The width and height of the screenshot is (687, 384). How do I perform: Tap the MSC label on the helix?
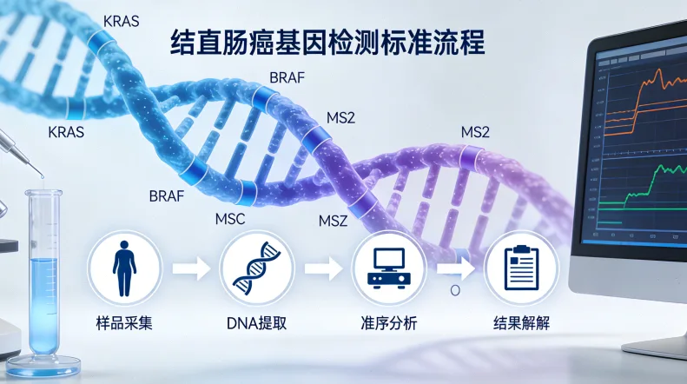tap(230, 219)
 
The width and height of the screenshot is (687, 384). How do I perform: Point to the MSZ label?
tap(333, 222)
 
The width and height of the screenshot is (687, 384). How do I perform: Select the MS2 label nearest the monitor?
tap(475, 132)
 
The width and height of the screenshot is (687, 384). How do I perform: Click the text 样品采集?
tap(123, 324)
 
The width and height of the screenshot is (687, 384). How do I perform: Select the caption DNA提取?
tap(255, 324)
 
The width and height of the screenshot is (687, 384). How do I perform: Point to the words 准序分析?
tap(388, 324)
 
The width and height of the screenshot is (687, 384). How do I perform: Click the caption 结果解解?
tap(519, 324)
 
